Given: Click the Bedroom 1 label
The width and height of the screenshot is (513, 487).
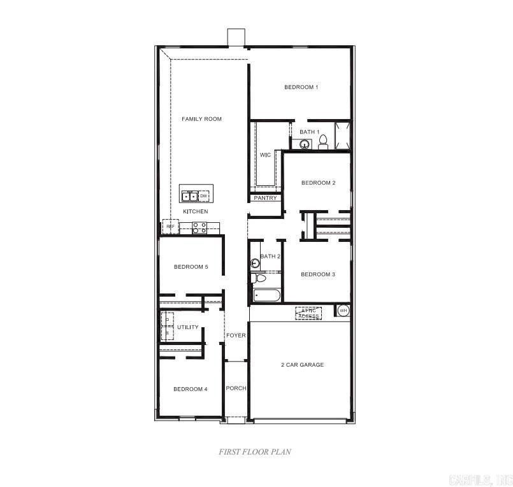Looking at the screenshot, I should [301, 87].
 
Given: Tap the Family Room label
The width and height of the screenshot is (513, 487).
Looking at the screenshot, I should [201, 119].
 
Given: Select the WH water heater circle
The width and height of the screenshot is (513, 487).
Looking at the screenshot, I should [343, 311].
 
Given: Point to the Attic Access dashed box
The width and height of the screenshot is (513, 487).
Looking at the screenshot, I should [308, 313].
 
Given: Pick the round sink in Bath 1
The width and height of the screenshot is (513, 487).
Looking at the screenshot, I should [305, 144].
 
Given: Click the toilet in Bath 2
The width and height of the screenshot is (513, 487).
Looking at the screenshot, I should [260, 278].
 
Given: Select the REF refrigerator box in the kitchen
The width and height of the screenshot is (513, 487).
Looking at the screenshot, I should [170, 226].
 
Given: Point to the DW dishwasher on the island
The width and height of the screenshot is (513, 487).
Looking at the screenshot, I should [204, 196].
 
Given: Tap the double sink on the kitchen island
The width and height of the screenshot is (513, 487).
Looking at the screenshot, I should [189, 196].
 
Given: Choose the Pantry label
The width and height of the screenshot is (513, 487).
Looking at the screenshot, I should [265, 198].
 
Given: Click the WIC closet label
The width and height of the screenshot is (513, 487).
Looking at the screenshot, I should [265, 155].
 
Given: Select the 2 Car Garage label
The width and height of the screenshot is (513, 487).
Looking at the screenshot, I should [303, 365].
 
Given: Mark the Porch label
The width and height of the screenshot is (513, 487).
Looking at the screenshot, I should [236, 388].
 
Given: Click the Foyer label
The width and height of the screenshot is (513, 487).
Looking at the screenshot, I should [236, 335].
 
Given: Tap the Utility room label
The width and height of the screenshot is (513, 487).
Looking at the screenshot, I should [188, 327].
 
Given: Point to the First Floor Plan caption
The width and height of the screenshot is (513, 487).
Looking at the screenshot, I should [256, 451].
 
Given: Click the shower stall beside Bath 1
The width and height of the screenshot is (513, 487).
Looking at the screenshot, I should [343, 136].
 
